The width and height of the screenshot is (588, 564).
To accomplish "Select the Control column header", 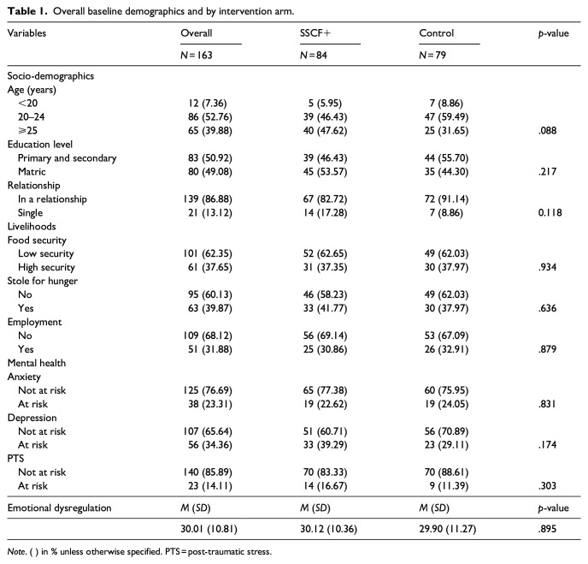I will point(436,33).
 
